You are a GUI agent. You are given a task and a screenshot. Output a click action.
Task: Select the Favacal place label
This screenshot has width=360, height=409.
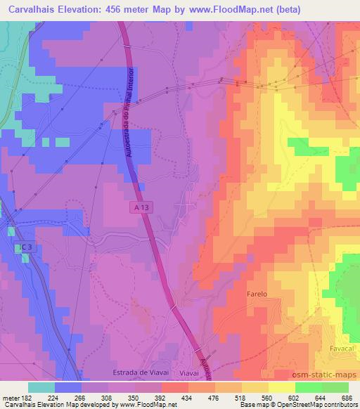pos(342,348)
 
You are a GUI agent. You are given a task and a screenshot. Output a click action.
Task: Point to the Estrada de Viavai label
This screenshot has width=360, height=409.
pos(137,372)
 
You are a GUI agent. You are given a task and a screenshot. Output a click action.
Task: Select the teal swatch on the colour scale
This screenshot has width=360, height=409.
pos(41,387)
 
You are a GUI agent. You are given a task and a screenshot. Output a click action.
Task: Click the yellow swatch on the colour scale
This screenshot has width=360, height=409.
pos(282,387)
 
